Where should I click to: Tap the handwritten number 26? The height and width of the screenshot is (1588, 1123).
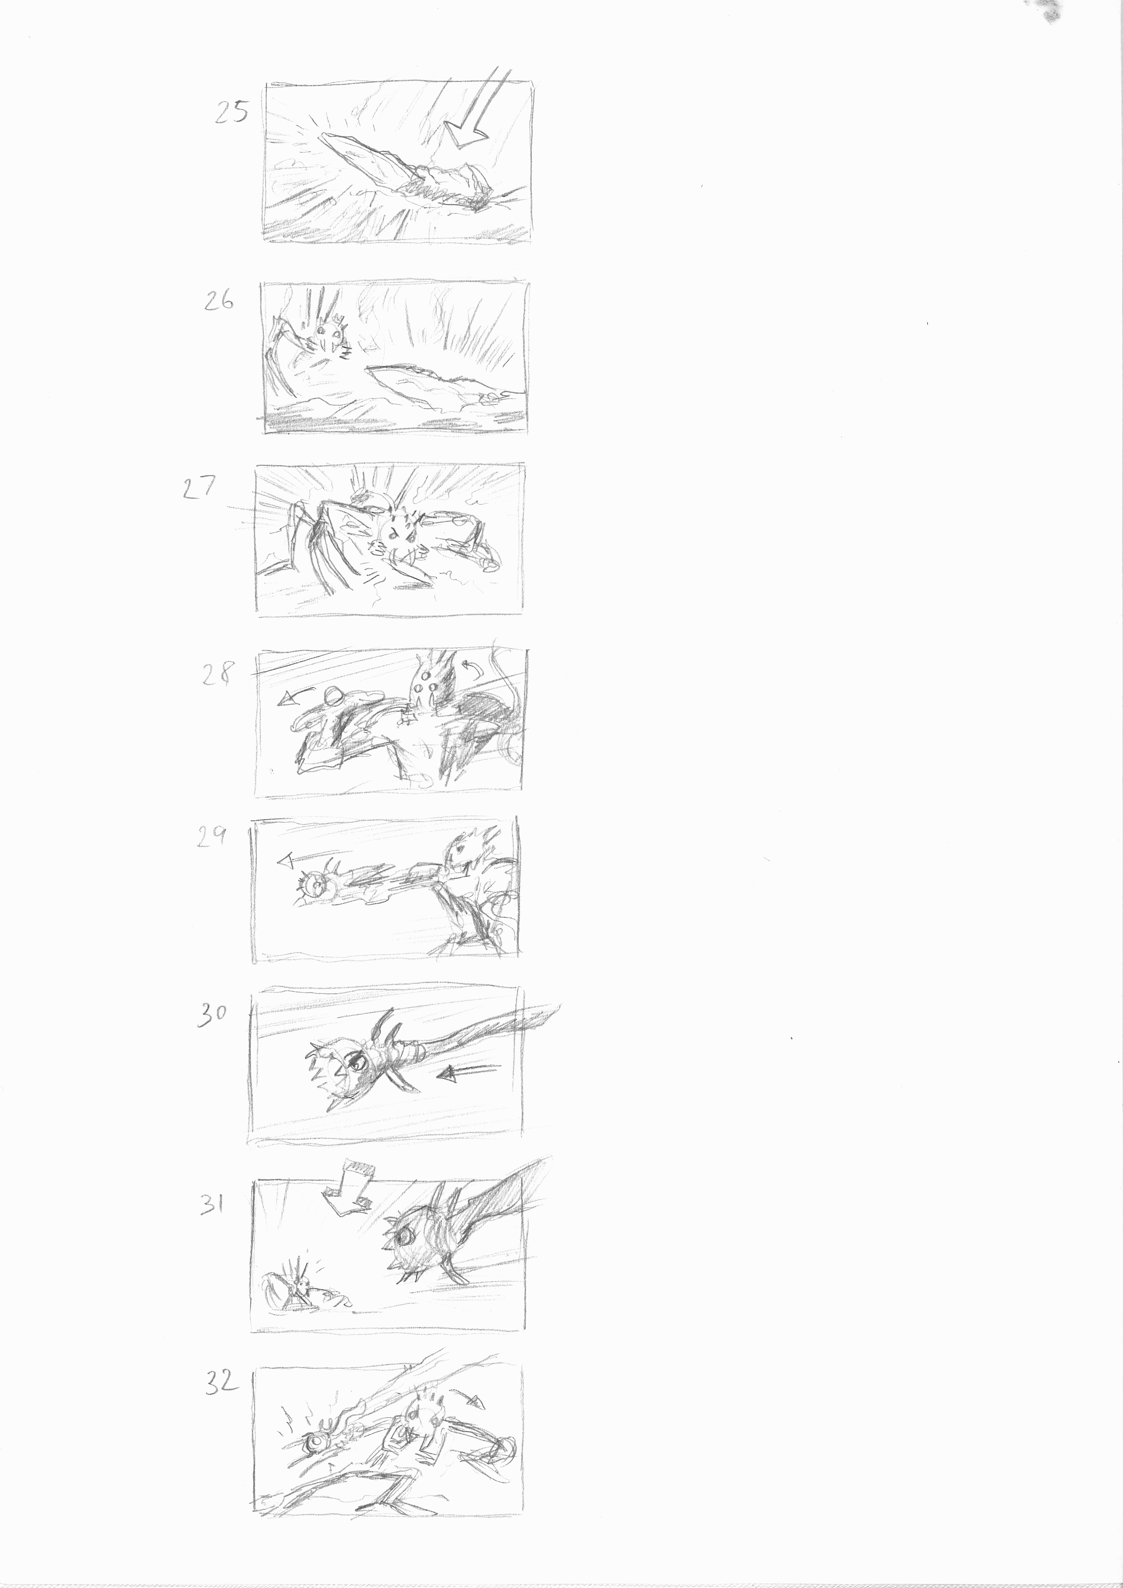point(219,301)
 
